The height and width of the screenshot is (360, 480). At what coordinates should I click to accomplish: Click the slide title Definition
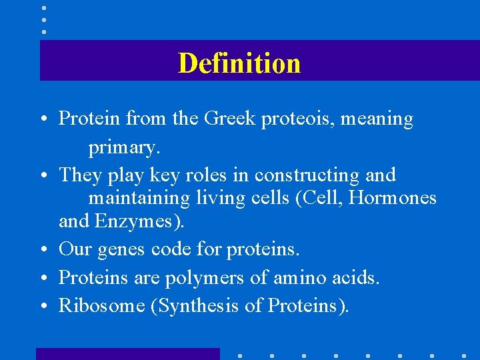(x=239, y=63)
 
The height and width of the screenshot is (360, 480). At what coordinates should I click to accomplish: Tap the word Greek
(x=229, y=119)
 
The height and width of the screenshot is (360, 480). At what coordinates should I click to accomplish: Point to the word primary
(x=125, y=147)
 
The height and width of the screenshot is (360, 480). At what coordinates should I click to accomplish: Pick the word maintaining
(x=131, y=199)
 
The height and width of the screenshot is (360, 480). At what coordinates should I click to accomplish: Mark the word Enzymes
(x=138, y=221)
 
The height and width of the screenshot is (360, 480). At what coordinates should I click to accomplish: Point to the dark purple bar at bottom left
(x=127, y=354)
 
